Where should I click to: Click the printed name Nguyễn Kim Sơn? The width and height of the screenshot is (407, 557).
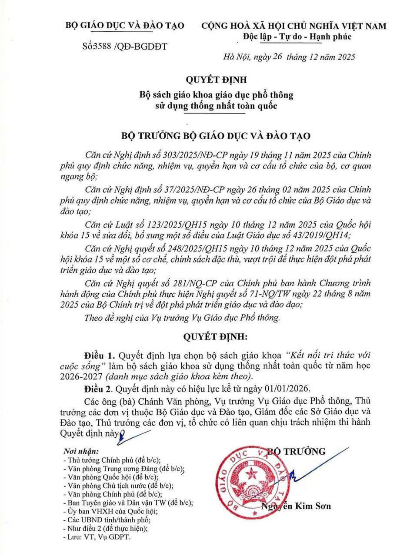tap(296, 506)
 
